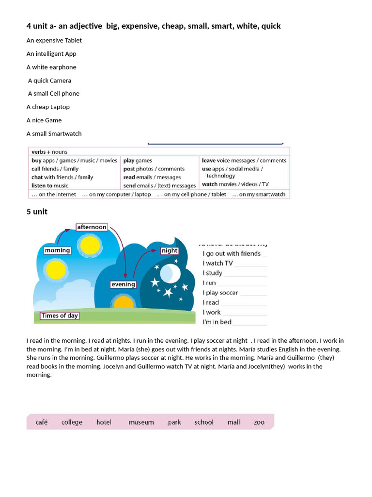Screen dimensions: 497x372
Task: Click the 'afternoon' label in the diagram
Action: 92,227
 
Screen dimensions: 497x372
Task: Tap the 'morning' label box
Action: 57,250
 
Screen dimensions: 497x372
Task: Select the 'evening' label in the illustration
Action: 123,284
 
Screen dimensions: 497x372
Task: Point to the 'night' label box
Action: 170,251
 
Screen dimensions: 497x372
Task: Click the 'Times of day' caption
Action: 60,316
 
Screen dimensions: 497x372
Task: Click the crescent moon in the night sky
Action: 169,273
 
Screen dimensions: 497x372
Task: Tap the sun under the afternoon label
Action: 89,246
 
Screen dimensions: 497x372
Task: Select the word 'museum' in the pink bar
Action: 141,422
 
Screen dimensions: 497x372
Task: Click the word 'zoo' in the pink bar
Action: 259,422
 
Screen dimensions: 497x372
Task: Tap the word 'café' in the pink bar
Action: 42,422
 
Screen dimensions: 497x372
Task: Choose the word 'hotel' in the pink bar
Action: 104,422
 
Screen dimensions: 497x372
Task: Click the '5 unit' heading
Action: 37,212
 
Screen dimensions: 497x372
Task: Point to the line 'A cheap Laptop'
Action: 48,107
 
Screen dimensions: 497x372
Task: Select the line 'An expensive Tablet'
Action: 54,40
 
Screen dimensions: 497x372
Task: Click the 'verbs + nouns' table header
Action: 49,152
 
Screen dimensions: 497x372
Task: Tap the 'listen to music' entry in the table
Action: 50,185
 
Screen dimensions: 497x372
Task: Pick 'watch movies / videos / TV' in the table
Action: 235,184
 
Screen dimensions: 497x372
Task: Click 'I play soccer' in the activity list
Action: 220,293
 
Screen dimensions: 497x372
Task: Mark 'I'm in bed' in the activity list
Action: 217,322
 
